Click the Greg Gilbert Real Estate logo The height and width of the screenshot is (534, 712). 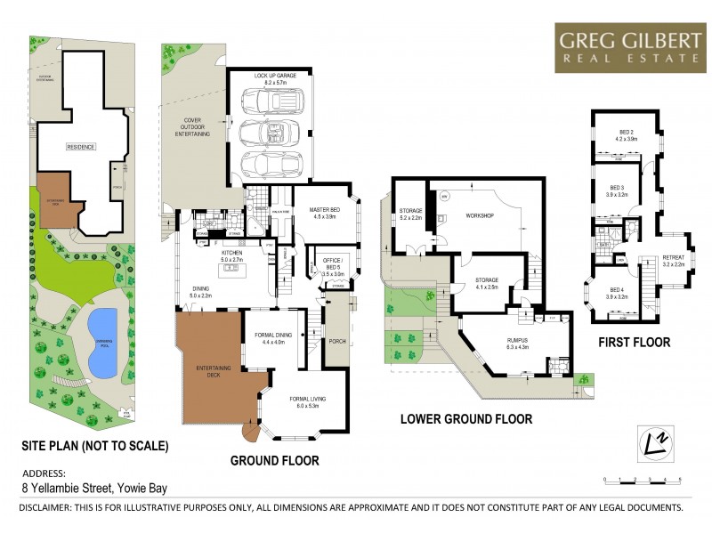(628, 47)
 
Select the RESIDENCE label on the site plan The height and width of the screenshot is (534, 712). (80, 146)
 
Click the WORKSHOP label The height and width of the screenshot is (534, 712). (480, 216)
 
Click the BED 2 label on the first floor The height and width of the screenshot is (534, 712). (624, 135)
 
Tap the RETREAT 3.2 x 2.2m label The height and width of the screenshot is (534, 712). (673, 261)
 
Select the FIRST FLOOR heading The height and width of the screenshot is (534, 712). (635, 342)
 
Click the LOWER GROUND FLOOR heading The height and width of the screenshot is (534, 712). (466, 418)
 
